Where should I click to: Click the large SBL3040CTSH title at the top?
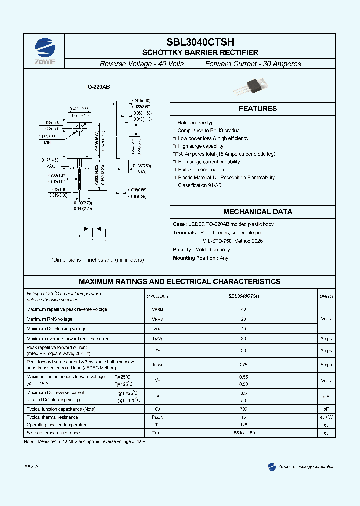[200, 43]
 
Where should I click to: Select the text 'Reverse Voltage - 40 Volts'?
[142, 64]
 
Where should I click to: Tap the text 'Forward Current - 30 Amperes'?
[253, 64]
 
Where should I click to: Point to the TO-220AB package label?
[97, 87]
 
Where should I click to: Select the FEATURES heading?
[257, 108]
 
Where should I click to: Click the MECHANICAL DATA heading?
[257, 212]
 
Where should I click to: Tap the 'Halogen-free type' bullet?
[197, 123]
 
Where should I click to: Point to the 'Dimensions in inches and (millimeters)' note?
[97, 260]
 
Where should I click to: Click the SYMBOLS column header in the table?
[158, 296]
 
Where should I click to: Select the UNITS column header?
[326, 296]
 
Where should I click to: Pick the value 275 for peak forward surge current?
[243, 365]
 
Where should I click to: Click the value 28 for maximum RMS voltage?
[243, 319]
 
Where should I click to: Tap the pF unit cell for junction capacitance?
[326, 409]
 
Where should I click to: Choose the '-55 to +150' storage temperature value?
[243, 433]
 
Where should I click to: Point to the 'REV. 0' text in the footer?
[31, 467]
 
